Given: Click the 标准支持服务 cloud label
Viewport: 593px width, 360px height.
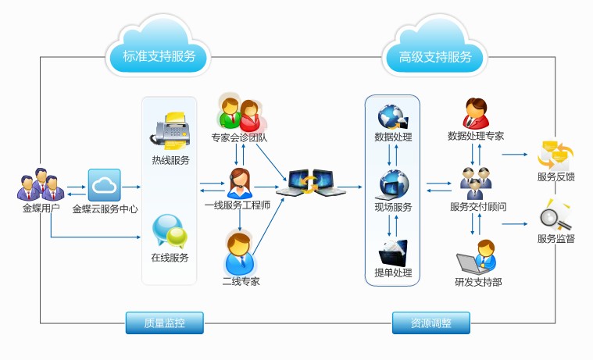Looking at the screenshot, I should pos(159,56).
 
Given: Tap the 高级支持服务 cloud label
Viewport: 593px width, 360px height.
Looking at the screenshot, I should pos(435,56).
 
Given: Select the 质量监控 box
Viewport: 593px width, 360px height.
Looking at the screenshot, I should pos(164,323).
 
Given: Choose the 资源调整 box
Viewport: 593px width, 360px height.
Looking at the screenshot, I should pos(430,323).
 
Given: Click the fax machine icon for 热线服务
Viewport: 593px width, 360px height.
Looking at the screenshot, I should pos(170,130).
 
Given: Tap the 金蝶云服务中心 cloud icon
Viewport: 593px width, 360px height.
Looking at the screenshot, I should pos(103,186).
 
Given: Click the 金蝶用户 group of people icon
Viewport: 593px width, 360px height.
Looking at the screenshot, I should pos(38,185).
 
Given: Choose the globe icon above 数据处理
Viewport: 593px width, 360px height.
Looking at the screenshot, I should pos(393,117).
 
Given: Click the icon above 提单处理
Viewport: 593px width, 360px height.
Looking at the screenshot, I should pos(393,253).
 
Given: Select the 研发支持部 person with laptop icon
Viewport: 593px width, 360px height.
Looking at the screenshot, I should pos(477,257).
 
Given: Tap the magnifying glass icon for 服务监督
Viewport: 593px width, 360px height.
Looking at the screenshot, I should pos(555,214).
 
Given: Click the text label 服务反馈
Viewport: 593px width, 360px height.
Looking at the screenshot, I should pos(555,177).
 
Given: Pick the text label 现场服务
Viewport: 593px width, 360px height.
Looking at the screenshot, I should pos(393,208).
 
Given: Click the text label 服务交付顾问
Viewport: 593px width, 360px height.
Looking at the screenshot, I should pos(477,208).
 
